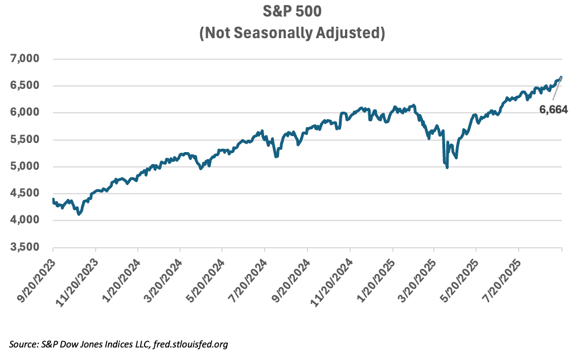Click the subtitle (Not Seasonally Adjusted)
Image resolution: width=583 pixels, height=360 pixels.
tap(291, 33)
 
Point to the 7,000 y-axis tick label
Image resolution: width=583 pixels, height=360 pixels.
tap(24, 59)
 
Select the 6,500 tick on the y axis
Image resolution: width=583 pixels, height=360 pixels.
tap(24, 86)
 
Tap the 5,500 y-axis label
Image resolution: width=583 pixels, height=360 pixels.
tap(24, 140)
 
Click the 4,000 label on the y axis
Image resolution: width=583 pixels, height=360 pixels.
tap(24, 220)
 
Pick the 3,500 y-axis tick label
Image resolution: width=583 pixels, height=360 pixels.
tap(24, 247)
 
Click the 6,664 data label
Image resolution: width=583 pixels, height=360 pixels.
tap(553, 111)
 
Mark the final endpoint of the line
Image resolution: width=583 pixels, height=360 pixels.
tap(561, 77)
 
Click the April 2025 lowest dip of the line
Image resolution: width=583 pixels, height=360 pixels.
tap(447, 167)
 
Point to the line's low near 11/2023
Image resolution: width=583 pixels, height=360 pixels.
tap(79, 214)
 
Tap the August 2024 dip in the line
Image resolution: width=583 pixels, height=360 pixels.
tap(276, 156)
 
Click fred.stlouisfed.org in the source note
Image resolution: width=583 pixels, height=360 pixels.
tap(192, 344)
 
